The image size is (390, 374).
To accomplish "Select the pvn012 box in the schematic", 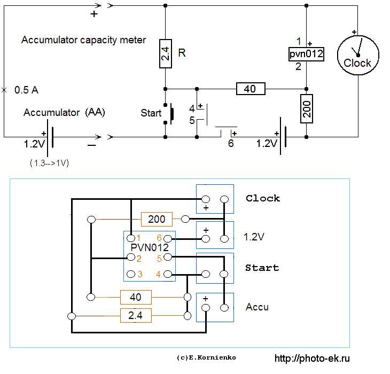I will (306, 54).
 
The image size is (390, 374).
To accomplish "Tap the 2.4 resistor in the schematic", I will (165, 53).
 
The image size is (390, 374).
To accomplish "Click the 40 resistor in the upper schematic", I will (250, 89).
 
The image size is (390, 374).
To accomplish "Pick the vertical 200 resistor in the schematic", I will (307, 108).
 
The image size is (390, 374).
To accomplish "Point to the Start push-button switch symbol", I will (171, 113).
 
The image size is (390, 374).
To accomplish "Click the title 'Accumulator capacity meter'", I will (83, 40).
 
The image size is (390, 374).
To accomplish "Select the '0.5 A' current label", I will (26, 90).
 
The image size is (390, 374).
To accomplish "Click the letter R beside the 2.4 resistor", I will (182, 53).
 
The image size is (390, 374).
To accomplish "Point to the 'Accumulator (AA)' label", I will (64, 113).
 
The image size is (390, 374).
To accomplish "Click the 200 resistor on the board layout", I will (157, 219).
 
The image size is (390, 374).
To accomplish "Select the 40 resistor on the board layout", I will (136, 297).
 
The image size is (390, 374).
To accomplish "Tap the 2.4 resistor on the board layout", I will (136, 316).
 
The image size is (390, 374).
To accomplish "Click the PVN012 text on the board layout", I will (150, 248).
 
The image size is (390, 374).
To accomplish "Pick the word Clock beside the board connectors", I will (263, 198).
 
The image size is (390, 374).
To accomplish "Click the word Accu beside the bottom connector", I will (257, 307).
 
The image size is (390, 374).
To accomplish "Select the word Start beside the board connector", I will (262, 268).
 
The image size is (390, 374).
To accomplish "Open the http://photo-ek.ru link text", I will (314, 359).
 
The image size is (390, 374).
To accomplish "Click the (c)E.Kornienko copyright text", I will (206, 357).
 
